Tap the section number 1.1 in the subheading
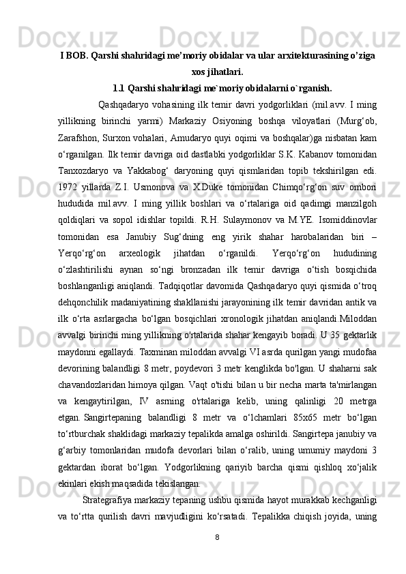(x=119, y=88)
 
